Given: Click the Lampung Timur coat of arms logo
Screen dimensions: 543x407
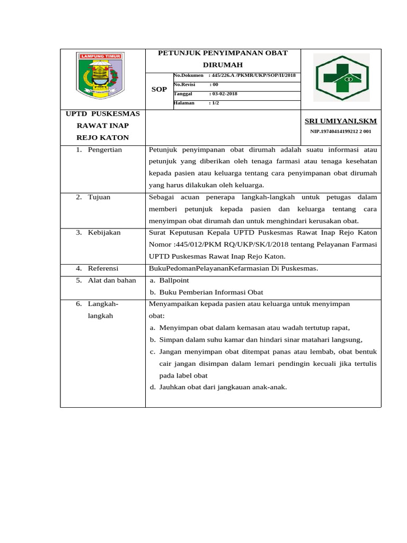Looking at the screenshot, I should coord(101,76).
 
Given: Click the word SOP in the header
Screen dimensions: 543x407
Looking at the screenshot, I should coord(159,89).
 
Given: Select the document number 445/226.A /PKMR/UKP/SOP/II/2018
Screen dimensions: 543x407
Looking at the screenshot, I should coord(253,76).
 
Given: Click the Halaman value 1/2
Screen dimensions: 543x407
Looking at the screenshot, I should coord(215,103).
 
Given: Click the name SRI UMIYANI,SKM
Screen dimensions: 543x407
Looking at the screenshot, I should coord(340,121).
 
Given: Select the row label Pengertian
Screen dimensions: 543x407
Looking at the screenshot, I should coord(105,150).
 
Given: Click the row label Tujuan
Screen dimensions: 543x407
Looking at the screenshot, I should coord(99,197).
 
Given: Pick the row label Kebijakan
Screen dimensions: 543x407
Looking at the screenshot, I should coord(104,232).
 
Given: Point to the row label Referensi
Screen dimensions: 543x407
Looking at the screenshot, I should coord(103,268).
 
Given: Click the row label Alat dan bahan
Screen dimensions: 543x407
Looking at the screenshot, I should coord(112,280).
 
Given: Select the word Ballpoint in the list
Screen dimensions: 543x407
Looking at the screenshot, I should coord(174,280).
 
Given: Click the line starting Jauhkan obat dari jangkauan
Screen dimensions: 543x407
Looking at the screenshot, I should coord(223,387).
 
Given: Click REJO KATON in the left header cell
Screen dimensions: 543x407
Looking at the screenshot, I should coord(103,137).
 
